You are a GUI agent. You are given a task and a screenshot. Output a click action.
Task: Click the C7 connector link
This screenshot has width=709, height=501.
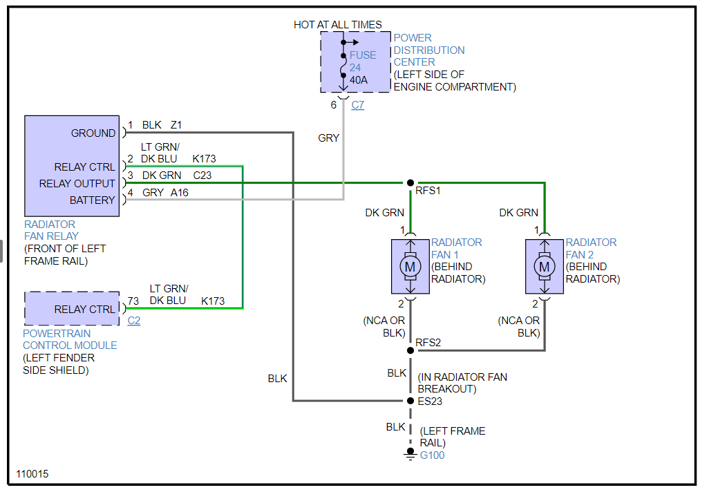pyautogui.click(x=357, y=105)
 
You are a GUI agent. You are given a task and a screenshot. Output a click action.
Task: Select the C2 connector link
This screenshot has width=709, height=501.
pyautogui.click(x=134, y=321)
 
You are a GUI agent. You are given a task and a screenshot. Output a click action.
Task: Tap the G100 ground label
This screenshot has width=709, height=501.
pyautogui.click(x=433, y=455)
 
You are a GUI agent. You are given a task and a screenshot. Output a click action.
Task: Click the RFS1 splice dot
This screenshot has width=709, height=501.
pyautogui.click(x=410, y=183)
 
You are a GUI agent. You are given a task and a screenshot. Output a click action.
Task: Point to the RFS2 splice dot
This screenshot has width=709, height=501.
pyautogui.click(x=410, y=350)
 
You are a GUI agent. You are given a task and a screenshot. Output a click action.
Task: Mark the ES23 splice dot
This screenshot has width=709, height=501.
pyautogui.click(x=410, y=400)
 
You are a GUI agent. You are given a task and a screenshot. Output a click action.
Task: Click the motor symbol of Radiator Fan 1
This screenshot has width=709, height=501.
pyautogui.click(x=410, y=266)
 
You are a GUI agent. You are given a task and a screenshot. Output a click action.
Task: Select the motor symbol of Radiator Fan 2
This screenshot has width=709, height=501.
pyautogui.click(x=545, y=266)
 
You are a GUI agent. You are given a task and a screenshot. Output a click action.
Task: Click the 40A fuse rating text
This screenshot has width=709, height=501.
pyautogui.click(x=359, y=80)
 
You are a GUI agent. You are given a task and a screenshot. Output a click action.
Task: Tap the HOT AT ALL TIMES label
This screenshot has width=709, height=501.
pyautogui.click(x=337, y=25)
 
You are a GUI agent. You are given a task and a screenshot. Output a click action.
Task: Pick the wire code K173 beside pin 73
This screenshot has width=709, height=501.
pyautogui.click(x=213, y=301)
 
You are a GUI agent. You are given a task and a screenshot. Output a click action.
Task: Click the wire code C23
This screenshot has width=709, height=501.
pyautogui.click(x=202, y=176)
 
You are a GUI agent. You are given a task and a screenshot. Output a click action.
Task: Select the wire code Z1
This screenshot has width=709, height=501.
pyautogui.click(x=176, y=125)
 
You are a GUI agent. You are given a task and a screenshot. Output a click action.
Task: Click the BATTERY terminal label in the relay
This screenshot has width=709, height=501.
pyautogui.click(x=92, y=200)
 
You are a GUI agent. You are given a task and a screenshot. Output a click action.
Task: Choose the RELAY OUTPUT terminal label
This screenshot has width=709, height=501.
pyautogui.click(x=77, y=184)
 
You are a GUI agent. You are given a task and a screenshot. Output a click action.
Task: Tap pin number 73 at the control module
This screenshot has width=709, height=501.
pyautogui.click(x=133, y=301)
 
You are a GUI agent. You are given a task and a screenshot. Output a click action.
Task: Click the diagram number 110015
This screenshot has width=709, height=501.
pyautogui.click(x=32, y=475)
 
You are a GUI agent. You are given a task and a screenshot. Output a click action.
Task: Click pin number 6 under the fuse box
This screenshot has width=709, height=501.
pyautogui.click(x=334, y=105)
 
